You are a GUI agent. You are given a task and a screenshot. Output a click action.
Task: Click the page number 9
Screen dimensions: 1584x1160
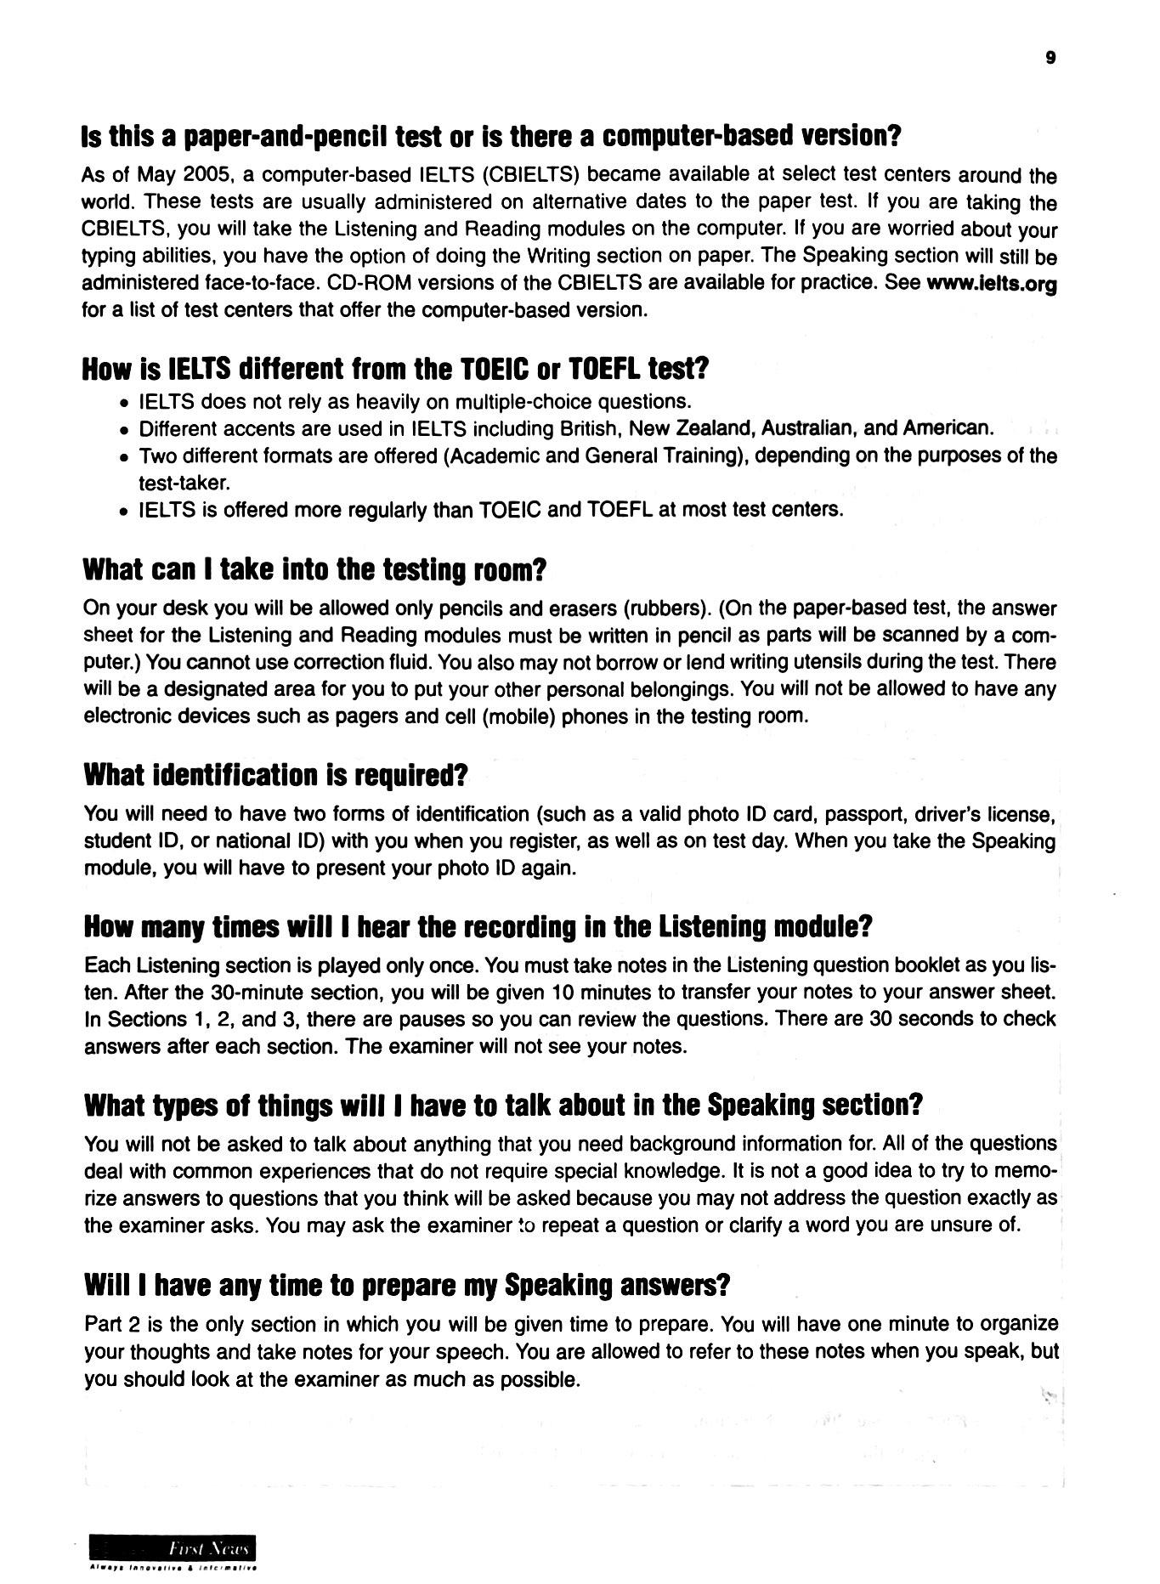pos(1051,58)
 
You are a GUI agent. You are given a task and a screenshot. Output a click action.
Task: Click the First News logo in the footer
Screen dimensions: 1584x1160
pos(173,1548)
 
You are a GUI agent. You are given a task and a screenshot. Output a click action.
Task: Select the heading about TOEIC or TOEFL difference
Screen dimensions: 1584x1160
pos(395,370)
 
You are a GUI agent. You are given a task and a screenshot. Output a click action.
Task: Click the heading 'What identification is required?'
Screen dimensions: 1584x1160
pos(276,775)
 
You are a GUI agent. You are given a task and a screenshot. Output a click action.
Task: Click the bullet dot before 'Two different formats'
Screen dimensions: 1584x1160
pos(125,458)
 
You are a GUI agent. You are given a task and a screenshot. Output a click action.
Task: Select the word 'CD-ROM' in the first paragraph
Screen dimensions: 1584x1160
pos(354,283)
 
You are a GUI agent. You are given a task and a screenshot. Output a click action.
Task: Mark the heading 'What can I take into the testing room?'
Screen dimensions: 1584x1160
pos(314,569)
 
